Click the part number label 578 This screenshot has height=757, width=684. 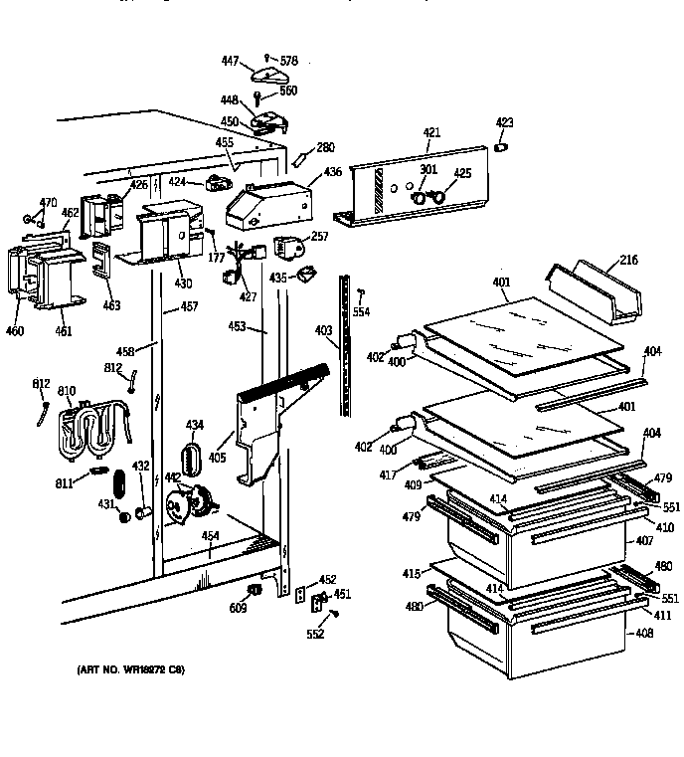click(288, 62)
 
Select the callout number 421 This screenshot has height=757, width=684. click(430, 132)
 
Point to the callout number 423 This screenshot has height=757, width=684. click(505, 123)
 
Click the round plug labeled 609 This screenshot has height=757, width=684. click(252, 591)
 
